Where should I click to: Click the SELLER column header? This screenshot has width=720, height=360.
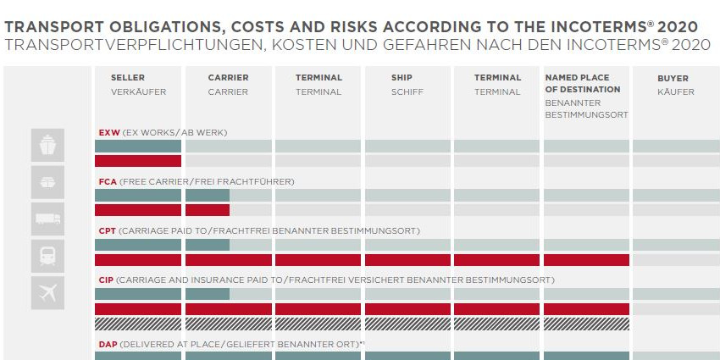coord(128,78)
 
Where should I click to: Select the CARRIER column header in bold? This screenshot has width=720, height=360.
coord(228,78)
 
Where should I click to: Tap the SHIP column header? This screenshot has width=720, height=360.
coord(402,78)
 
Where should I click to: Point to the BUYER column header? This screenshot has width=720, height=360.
coord(673,79)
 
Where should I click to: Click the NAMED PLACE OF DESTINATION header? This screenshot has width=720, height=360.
coord(582,83)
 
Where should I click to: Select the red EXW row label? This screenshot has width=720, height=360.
coord(108,133)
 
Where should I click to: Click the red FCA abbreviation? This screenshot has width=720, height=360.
coord(108,182)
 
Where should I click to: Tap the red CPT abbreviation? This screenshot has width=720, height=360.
coord(108,230)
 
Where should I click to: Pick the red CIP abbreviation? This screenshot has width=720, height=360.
coord(107,280)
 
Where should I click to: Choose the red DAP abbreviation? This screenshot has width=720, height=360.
coord(108,345)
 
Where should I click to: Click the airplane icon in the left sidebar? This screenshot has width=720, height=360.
coord(47,292)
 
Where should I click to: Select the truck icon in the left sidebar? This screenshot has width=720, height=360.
coord(47,219)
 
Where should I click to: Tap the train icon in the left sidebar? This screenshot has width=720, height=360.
coord(47,255)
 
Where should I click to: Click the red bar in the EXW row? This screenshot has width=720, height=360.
coord(137,161)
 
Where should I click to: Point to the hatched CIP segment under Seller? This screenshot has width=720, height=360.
coord(137,324)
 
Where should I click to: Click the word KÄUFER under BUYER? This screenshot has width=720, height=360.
coord(674,91)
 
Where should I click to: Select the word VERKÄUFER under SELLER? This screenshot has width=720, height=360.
coord(138,91)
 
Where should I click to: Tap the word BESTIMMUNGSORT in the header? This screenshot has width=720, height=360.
coord(586,114)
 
